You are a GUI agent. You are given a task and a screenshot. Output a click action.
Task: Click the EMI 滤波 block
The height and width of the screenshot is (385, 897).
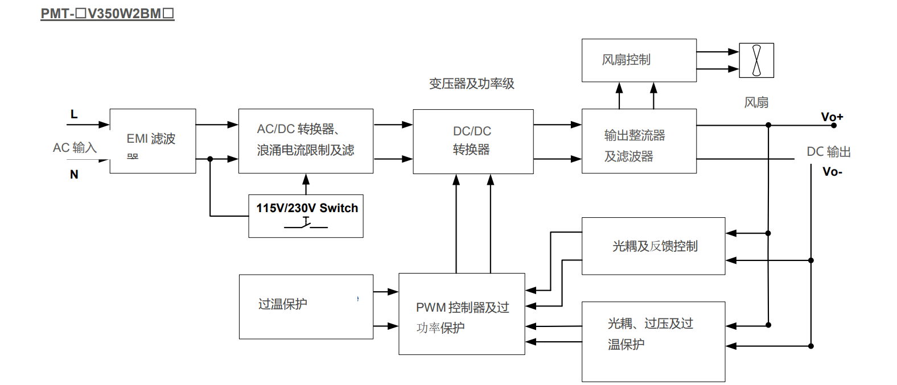tap(153, 141)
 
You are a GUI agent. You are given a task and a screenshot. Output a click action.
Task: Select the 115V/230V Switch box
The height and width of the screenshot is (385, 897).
tap(306, 216)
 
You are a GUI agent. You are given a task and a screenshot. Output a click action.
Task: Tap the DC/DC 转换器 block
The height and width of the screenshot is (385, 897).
tap(473, 141)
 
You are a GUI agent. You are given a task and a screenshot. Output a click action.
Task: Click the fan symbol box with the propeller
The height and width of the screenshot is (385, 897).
tap(756, 60)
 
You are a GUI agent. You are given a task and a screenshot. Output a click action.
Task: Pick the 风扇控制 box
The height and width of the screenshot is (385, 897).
tap(639, 60)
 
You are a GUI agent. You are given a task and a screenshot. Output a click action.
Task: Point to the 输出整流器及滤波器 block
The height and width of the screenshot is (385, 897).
tap(639, 141)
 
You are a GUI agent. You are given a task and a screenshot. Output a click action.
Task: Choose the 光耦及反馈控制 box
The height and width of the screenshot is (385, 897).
tap(653, 246)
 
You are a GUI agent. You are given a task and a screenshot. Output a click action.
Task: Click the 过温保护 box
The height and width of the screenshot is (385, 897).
tap(306, 307)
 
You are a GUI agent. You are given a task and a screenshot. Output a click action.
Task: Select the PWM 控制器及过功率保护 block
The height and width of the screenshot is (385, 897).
tap(462, 314)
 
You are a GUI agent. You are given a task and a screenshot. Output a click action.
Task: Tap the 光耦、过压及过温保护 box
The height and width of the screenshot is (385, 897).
tap(653, 341)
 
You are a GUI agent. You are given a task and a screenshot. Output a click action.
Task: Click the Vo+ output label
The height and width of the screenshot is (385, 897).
tap(832, 117)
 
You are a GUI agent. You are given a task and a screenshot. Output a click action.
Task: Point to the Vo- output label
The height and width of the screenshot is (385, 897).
tap(832, 172)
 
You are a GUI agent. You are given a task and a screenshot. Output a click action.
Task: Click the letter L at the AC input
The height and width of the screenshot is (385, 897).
tap(74, 114)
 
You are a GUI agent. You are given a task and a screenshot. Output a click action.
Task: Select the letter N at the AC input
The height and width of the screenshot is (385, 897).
tap(74, 175)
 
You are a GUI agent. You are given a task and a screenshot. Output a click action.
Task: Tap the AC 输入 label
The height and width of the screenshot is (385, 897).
tap(75, 148)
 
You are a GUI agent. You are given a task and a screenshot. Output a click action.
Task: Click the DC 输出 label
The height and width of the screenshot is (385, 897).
tap(828, 152)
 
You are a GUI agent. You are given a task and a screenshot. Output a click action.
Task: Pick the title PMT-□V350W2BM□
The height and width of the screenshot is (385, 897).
tap(107, 14)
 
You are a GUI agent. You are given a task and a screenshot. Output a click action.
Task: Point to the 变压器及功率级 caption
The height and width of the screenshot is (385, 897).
tap(471, 84)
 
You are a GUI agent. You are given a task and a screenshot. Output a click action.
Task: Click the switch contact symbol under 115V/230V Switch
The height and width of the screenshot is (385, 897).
tap(306, 225)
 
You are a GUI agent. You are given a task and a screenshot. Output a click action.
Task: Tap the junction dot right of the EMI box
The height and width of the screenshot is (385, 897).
tap(210, 159)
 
